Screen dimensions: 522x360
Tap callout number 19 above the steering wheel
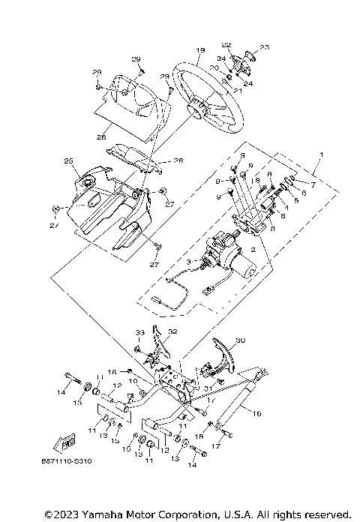200,50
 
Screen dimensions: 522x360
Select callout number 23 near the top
263,49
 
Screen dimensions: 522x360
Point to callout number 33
139,332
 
